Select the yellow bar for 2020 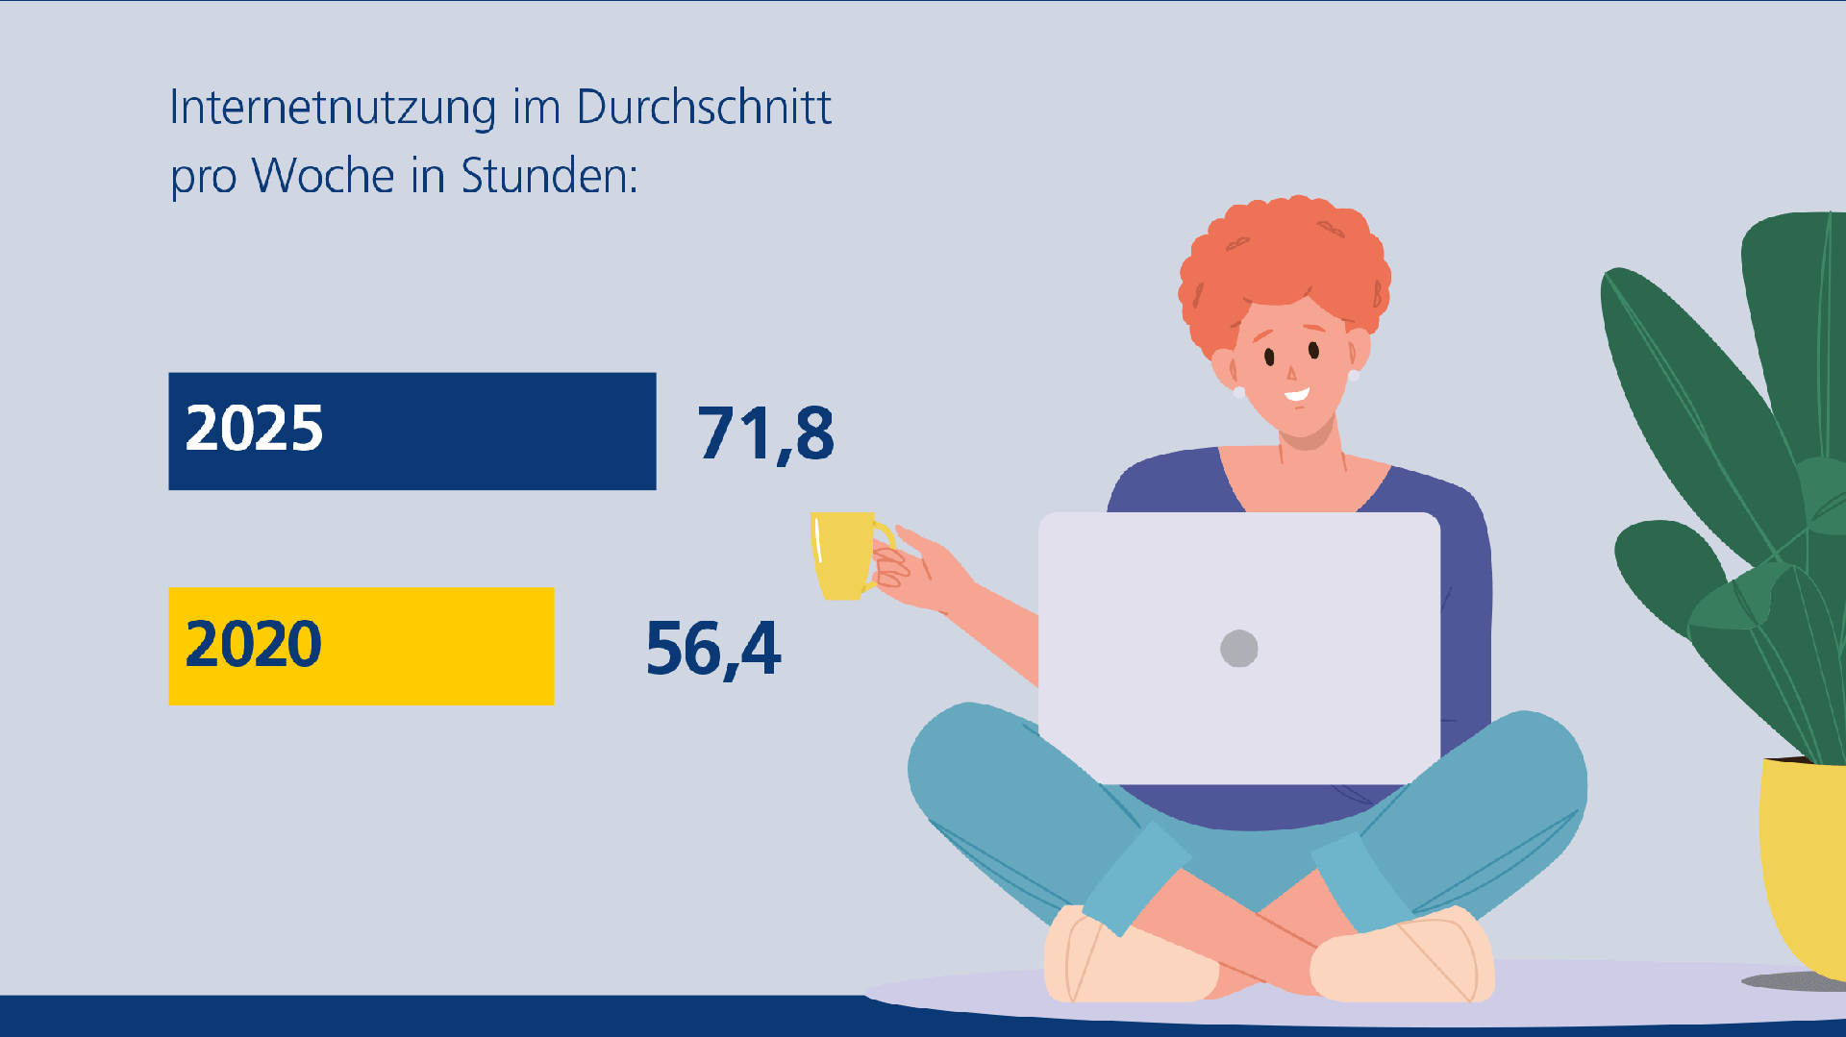(433, 646)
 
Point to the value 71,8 (765, 433)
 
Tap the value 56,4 (713, 649)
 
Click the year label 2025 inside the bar (254, 429)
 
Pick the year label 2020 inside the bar (253, 644)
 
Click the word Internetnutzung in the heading (333, 108)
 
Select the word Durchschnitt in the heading (704, 108)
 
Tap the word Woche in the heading (323, 177)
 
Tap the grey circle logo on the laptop (1238, 648)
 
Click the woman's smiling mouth (1297, 394)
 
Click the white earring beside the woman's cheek (1238, 392)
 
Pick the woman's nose (1291, 373)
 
